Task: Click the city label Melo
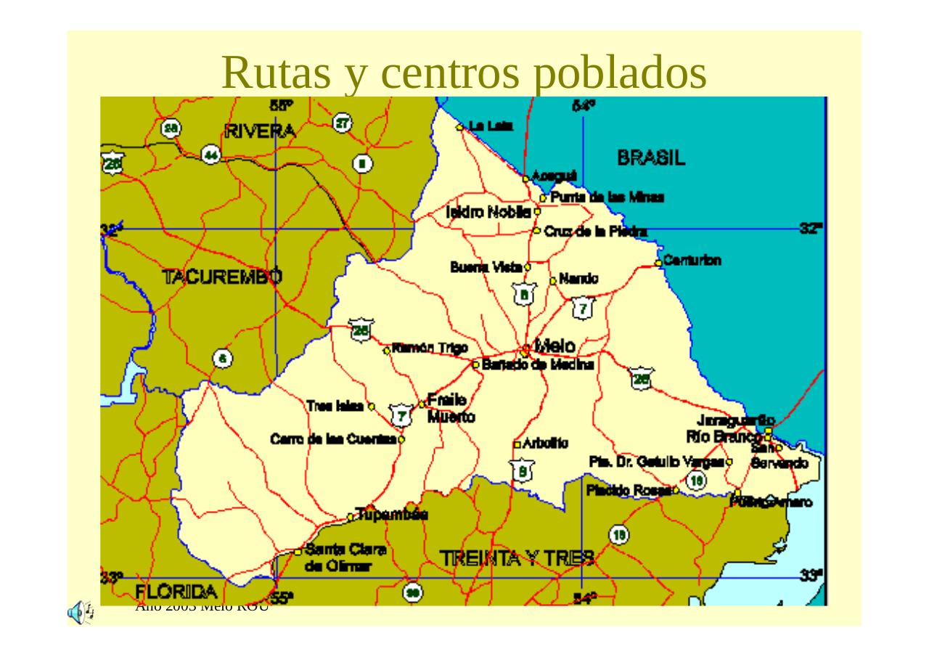[x=555, y=346]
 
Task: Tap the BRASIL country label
[x=651, y=158]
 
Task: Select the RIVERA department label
[x=261, y=131]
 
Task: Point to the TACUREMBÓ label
[x=222, y=277]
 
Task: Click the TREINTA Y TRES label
[x=517, y=558]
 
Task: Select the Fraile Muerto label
[x=448, y=408]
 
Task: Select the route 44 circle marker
[x=211, y=154]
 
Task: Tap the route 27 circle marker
[x=343, y=123]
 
